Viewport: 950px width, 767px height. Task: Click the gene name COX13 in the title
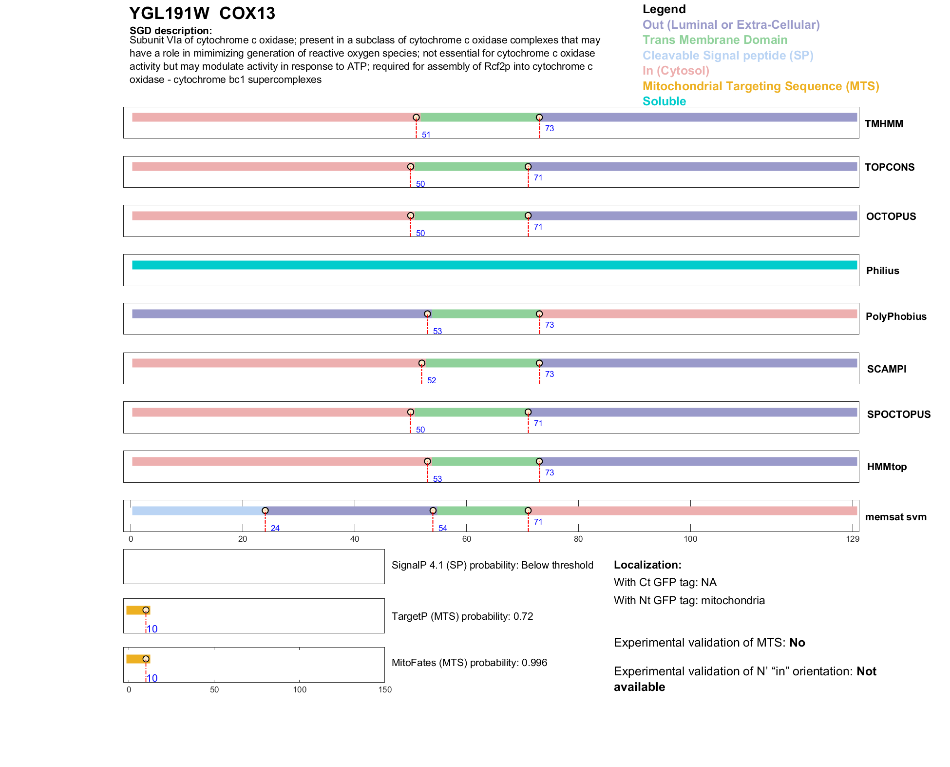point(247,13)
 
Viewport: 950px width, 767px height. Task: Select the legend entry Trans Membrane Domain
point(715,40)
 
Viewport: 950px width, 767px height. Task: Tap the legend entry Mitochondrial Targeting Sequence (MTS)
point(760,86)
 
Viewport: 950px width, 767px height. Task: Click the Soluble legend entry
point(664,101)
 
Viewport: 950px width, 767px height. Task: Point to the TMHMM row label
point(884,124)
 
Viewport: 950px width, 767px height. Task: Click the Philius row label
point(882,271)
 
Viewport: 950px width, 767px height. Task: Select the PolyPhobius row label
point(895,316)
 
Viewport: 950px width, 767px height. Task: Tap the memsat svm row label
point(895,517)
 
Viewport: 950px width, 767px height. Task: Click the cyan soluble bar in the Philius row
point(494,265)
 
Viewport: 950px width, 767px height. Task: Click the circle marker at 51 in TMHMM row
point(416,118)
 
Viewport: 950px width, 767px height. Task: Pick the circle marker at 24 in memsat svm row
point(265,511)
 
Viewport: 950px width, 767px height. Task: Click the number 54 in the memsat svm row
point(442,528)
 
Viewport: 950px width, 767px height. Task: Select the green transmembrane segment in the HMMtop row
point(483,461)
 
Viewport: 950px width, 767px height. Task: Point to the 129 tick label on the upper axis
point(853,539)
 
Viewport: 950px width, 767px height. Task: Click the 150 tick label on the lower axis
point(385,689)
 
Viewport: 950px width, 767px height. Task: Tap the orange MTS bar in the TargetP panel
point(136,610)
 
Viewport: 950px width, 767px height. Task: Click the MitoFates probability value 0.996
point(534,663)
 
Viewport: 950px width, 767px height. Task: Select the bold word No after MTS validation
point(797,643)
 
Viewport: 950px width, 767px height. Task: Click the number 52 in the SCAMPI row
point(431,380)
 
